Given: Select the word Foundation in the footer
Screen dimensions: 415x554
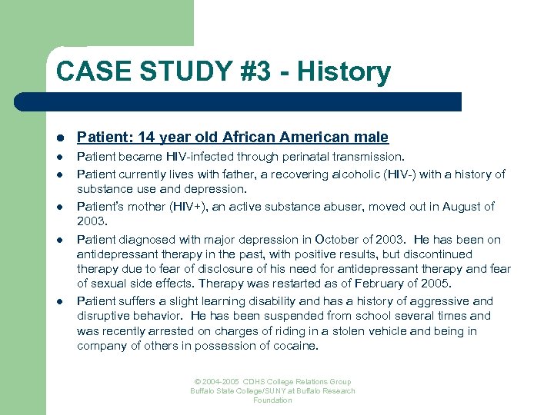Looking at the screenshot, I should point(273,400).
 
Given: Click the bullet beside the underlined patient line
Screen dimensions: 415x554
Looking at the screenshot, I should point(59,138).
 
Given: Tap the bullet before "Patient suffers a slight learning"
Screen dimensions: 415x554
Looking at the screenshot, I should point(59,302).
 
